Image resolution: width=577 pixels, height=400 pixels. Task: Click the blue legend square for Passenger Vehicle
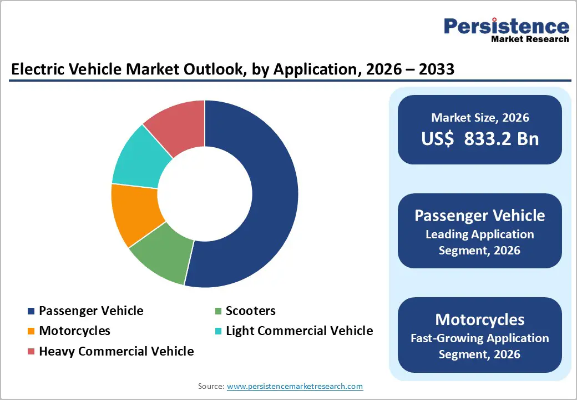click(31, 311)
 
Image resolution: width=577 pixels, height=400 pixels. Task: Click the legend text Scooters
click(250, 311)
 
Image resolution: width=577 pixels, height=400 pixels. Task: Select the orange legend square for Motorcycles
click(31, 331)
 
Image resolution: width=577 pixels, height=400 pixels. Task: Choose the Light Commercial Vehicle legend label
click(299, 331)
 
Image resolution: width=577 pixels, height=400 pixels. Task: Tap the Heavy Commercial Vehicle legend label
click(116, 351)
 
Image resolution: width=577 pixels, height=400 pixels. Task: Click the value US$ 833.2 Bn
click(480, 138)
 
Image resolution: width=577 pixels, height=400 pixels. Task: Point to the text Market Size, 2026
click(480, 118)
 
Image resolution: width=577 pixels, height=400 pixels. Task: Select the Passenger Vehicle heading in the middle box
click(480, 216)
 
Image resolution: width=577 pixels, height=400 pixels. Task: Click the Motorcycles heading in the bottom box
click(480, 319)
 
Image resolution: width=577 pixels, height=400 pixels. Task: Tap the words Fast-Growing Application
click(480, 338)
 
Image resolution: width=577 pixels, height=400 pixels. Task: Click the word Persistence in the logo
click(506, 26)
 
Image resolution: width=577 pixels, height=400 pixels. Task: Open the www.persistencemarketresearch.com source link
click(295, 386)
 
